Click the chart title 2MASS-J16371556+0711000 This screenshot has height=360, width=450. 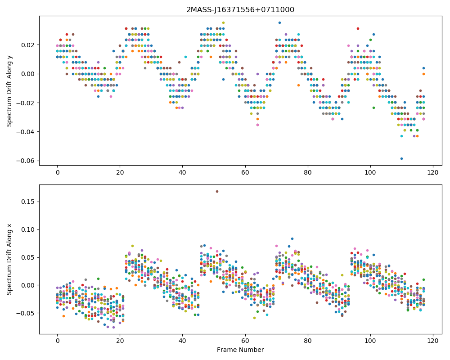pos(240,10)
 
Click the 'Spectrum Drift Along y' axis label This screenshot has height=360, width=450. pos(9,91)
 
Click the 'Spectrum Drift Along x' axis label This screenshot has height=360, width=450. pos(9,259)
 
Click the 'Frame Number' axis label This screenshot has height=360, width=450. pos(240,350)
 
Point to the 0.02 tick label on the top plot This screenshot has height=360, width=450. pos(29,45)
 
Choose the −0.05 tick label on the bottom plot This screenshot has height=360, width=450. pos(27,313)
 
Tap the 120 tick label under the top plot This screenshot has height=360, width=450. pos(433,172)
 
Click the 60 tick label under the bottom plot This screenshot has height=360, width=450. pos(245,341)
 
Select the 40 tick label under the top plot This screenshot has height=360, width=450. pos(183,172)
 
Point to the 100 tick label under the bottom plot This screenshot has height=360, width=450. pos(370,341)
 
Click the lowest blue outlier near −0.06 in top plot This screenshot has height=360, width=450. pos(401,158)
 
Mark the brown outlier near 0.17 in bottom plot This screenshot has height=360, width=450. pos(217,192)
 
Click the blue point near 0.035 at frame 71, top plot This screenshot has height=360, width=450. pos(279,22)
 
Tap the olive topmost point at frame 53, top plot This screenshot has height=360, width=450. pos(223,22)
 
